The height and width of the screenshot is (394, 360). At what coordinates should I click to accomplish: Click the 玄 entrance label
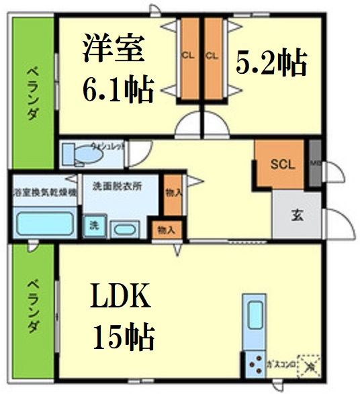click(x=296, y=215)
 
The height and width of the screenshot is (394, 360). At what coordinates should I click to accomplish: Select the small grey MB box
click(x=314, y=163)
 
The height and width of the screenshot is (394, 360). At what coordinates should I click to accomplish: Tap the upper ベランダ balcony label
click(x=32, y=91)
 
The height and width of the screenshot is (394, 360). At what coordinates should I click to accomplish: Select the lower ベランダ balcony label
click(x=32, y=307)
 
